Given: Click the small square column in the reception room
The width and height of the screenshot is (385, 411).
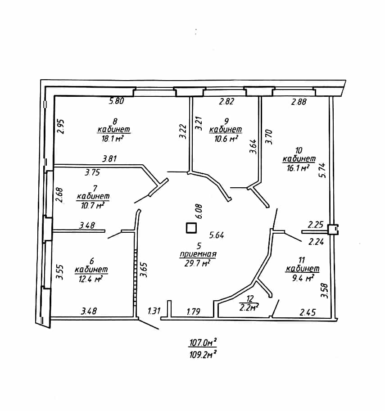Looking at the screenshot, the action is pos(191,228).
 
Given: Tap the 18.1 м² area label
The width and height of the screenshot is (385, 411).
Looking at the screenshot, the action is pos(113,138).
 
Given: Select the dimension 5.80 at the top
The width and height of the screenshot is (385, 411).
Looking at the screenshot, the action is pos(117,101).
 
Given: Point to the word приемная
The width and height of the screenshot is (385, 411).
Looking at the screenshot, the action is pos(198,254).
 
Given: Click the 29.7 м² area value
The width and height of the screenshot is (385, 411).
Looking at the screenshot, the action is pos(197,263).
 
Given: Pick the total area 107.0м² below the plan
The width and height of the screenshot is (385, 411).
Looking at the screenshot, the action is pos(203,342).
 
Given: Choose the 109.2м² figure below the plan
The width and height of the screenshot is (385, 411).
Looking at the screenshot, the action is pos(203,355).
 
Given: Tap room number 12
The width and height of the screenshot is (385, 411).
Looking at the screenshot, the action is pos(250,298).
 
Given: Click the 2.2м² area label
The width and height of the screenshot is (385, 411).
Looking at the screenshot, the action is pos(249,307).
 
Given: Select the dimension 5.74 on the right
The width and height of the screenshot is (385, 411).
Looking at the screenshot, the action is pos(322,170).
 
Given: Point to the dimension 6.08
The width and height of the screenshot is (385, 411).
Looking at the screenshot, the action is pos(199,211).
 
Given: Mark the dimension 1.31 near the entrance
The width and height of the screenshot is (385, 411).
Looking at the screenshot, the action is pos(154,311).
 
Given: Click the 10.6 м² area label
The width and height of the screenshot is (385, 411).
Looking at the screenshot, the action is pos(226,138).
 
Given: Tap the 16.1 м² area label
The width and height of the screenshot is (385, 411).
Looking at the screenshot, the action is pos(298,168).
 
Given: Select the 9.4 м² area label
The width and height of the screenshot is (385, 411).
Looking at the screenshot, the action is pos(303,278).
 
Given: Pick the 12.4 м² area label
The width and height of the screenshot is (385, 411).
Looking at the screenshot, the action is pos(90,279).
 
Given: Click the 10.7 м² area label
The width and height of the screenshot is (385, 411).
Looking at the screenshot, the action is pos(92,205).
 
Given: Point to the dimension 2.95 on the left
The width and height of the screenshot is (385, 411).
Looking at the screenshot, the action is pos(61,126).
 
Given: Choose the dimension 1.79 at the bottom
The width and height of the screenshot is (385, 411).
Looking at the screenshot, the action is pos(194,312).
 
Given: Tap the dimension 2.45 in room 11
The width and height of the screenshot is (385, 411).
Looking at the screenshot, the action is pos(308,312).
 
